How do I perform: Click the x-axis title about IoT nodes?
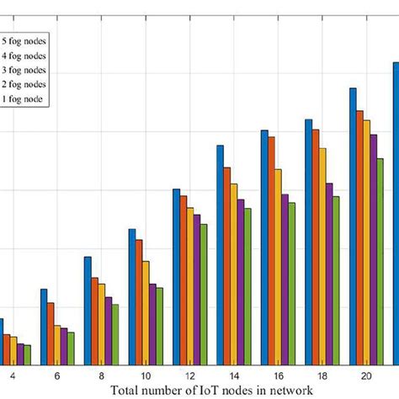point(211,391)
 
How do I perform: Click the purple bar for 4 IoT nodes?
point(19,354)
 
